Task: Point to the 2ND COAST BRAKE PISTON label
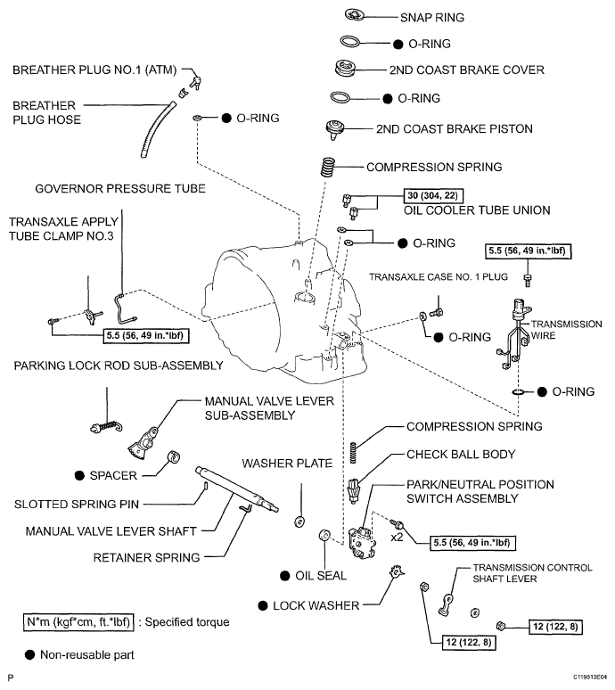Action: [x=455, y=129]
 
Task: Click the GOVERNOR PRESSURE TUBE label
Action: [x=119, y=189]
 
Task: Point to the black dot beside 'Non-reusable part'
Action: [x=30, y=655]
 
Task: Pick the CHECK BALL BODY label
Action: [x=461, y=455]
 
